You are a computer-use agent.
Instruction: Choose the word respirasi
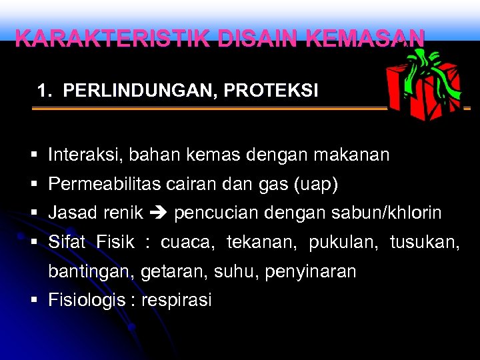tap(176, 300)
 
